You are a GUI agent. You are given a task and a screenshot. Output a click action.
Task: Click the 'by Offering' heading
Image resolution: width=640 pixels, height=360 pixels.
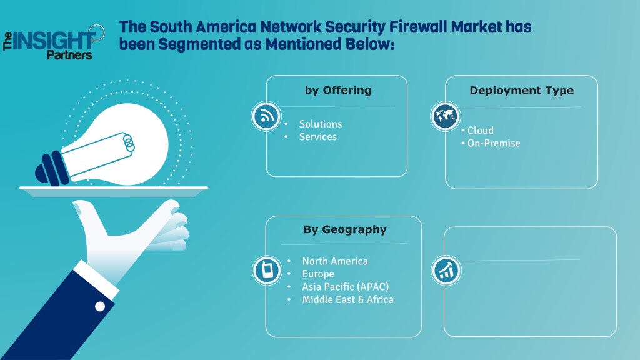point(338,90)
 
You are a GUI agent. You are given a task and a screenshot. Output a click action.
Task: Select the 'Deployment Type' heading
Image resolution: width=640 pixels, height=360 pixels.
point(522,90)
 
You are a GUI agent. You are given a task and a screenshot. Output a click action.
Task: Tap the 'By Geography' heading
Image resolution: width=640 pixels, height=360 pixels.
point(345,229)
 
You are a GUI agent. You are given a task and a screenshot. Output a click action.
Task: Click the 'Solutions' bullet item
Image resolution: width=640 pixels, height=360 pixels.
point(321,124)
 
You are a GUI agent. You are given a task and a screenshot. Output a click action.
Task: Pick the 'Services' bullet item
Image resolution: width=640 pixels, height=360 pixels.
point(318,137)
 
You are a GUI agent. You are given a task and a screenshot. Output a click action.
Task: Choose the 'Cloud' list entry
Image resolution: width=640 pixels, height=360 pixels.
point(481,130)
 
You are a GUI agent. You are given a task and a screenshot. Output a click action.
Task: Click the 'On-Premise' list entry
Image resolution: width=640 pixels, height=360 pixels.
point(494,143)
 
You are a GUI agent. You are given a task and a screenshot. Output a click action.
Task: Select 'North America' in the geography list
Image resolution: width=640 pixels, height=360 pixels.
point(335,261)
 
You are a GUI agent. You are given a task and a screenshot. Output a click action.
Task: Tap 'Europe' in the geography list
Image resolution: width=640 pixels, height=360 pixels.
point(318,274)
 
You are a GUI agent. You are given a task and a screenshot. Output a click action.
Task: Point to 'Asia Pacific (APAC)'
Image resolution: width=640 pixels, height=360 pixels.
point(345,287)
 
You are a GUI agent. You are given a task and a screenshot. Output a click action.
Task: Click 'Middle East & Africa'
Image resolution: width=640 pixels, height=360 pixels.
point(347,299)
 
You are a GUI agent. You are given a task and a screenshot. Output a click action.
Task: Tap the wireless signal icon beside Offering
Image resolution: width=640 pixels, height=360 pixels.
point(266,116)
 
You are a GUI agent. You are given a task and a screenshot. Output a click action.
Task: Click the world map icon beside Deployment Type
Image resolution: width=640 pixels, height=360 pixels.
point(445,116)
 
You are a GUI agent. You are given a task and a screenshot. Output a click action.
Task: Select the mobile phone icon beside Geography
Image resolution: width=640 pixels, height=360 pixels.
point(267,270)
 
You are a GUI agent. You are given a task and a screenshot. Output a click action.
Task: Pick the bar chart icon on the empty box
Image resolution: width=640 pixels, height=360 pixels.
point(446,270)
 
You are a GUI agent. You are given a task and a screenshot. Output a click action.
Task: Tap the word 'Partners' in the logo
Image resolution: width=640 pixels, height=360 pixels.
point(69,54)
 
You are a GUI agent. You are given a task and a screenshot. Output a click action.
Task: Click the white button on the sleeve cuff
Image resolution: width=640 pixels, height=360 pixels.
point(100,306)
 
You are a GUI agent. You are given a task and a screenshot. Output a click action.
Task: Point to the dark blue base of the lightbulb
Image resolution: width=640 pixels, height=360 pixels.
point(52,169)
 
